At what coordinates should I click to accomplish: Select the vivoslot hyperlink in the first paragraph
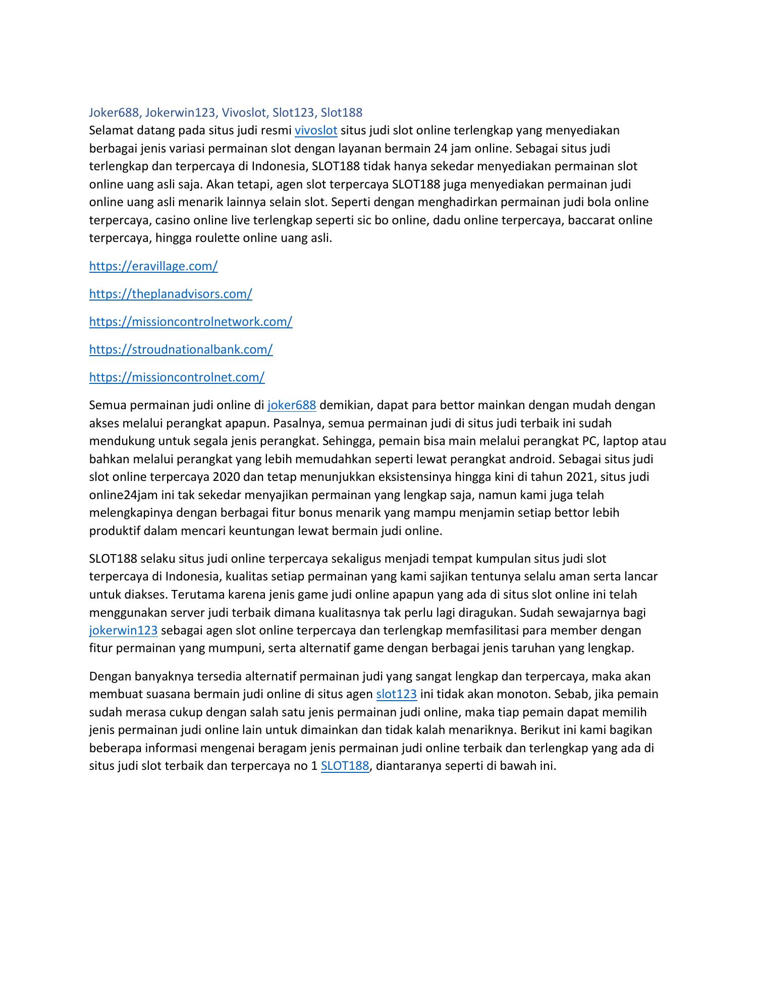[x=315, y=130]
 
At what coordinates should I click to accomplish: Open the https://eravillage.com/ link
[x=153, y=266]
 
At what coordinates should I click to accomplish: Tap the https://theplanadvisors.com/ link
[x=171, y=294]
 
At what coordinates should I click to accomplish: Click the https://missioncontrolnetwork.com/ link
[x=191, y=322]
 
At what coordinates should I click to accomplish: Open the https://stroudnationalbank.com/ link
[x=181, y=350]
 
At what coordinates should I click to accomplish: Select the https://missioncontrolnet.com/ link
[x=177, y=377]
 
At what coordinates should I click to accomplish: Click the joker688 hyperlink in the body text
[x=292, y=405]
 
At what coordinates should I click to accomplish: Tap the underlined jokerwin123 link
[x=123, y=630]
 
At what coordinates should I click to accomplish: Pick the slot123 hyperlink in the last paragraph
[x=396, y=694]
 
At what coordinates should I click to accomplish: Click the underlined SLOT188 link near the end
[x=345, y=766]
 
